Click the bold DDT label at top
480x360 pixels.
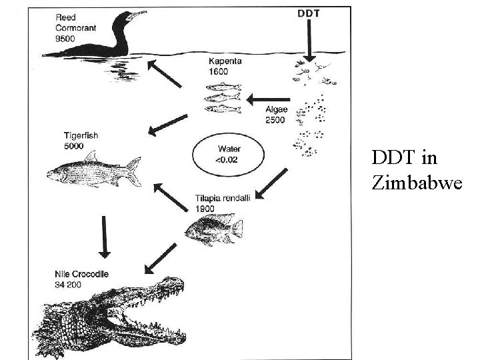click(x=307, y=13)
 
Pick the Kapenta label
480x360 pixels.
click(x=225, y=61)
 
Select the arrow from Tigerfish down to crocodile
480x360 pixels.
click(x=103, y=236)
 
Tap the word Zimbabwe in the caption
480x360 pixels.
click(x=417, y=183)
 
